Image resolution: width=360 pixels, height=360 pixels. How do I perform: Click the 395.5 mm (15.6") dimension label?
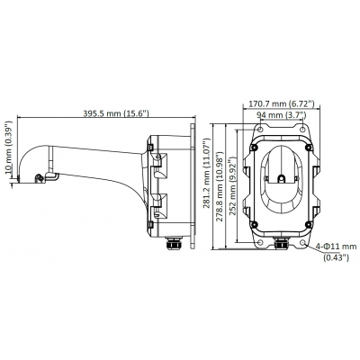(116, 113)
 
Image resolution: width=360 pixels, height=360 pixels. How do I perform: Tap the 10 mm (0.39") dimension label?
(9, 148)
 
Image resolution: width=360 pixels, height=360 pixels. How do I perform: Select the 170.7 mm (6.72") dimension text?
(282, 103)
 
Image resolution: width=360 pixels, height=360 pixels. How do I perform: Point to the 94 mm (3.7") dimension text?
(282, 115)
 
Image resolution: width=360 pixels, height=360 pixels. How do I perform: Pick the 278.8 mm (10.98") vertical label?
(220, 185)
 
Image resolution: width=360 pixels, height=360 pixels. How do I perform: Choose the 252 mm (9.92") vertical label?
(232, 185)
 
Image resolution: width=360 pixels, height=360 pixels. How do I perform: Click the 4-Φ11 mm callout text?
(336, 247)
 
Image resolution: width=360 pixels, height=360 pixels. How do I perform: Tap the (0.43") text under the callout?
(337, 257)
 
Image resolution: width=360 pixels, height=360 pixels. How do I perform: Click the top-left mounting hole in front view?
(260, 129)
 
